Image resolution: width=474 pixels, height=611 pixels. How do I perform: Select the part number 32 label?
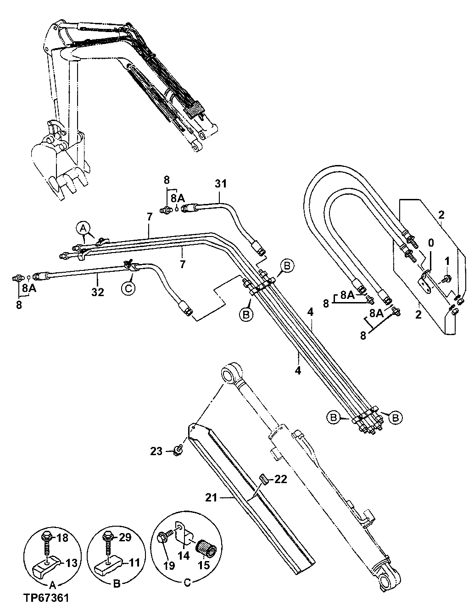point(97,292)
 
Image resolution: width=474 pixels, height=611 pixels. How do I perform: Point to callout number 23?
point(156,451)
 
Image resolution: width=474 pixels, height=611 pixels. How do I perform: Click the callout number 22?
point(281,479)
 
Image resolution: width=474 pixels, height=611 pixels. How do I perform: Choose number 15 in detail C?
point(203,565)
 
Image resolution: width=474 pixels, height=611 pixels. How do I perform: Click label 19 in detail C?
point(169,565)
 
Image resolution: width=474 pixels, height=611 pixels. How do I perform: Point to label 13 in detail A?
point(71,562)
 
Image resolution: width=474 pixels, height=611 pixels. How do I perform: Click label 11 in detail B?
point(134,562)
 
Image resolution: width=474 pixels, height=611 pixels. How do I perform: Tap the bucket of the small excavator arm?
point(57,167)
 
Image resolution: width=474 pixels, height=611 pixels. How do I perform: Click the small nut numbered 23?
point(177,451)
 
